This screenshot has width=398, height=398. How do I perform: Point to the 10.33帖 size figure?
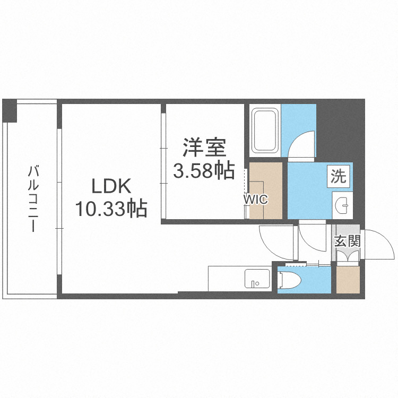(111, 209)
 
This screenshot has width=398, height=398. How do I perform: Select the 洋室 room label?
(204, 148)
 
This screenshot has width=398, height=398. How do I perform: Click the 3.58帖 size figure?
(204, 170)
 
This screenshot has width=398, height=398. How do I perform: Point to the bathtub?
(265, 131)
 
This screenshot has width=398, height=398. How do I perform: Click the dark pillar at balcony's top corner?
(10, 110)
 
